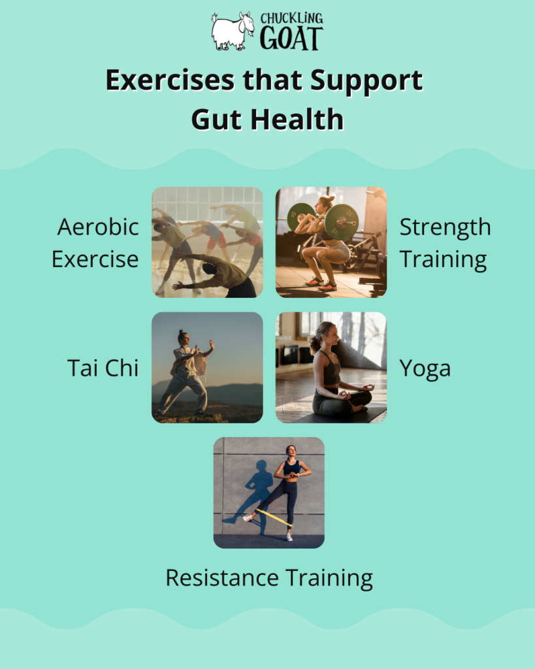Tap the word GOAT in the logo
pos(291,39)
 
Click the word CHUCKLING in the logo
pos(291,18)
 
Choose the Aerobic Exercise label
pos(95,242)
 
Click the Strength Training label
pos(445,242)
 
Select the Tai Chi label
pos(103,367)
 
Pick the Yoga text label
pos(425,368)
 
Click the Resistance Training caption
pos(268,578)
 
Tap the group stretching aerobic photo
pos(207,242)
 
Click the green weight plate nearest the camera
pos(341,220)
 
